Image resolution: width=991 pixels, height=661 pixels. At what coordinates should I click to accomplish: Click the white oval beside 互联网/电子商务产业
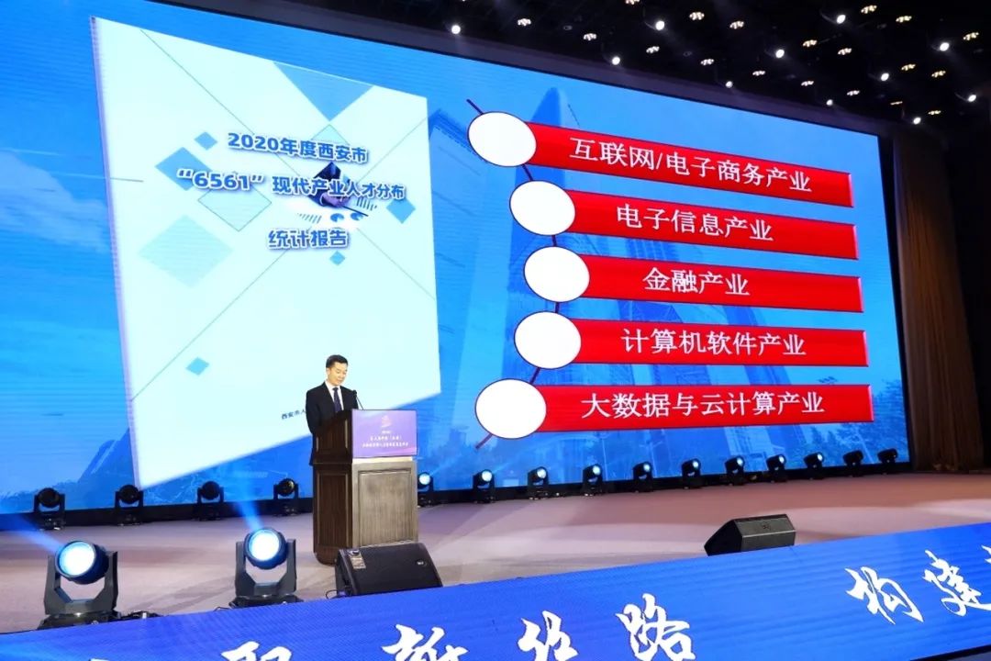(x=501, y=139)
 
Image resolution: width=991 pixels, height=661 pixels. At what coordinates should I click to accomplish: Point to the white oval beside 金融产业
(x=556, y=274)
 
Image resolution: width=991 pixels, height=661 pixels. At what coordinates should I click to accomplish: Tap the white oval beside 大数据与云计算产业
(x=510, y=408)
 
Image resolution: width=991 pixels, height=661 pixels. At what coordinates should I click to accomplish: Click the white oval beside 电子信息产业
(x=542, y=207)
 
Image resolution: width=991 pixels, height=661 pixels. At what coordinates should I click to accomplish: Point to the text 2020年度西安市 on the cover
(x=285, y=141)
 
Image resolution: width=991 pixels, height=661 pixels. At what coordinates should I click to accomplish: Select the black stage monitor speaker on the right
(x=750, y=534)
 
